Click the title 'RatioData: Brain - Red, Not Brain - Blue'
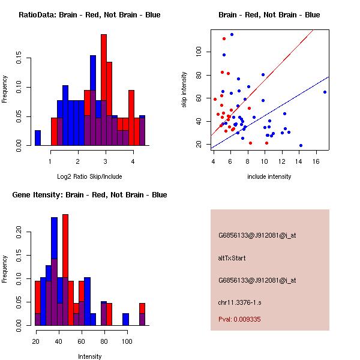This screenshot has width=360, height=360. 89,15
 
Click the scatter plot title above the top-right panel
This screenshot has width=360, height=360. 269,15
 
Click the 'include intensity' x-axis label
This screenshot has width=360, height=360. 269,176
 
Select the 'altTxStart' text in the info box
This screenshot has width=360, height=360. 232,258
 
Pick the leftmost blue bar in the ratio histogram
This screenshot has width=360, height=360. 38,137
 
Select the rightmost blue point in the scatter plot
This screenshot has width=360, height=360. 325,92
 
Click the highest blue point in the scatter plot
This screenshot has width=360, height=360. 232,35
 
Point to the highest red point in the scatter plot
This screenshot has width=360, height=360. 224,38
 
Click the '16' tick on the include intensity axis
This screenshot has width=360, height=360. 316,161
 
